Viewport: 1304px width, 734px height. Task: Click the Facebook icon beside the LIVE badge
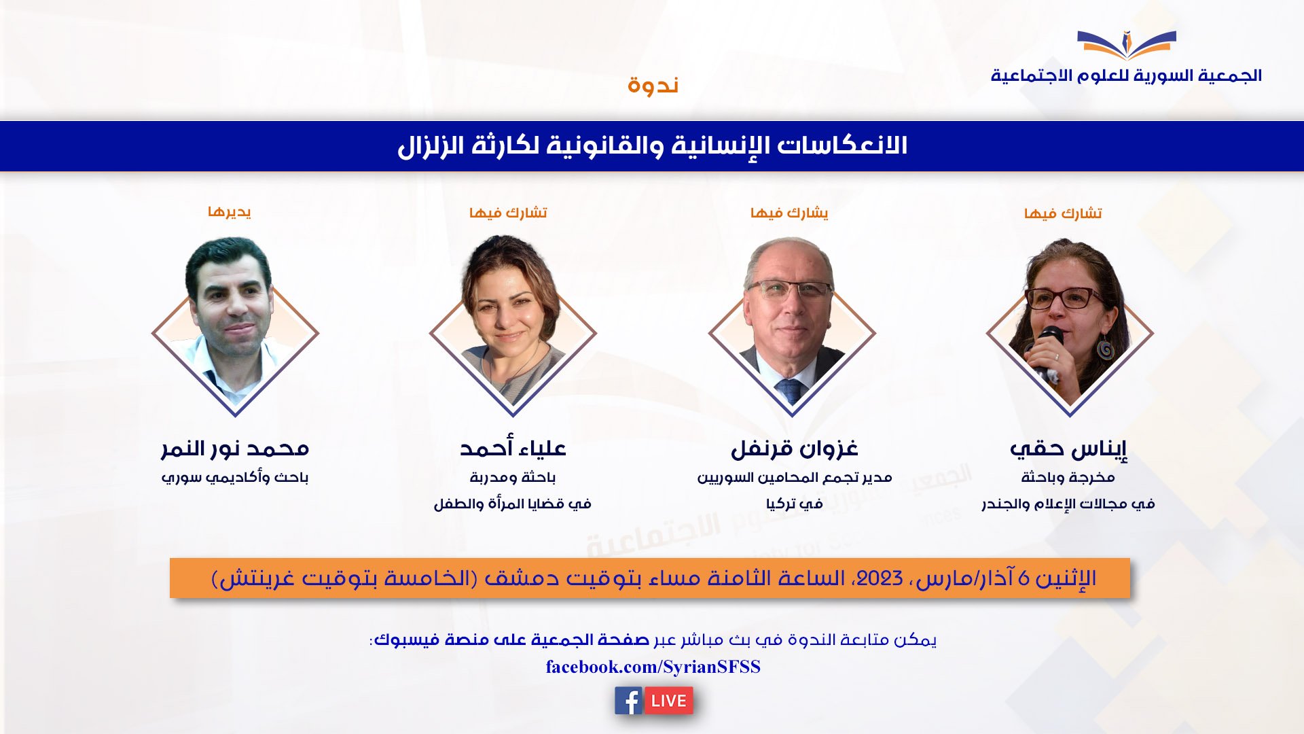[628, 701]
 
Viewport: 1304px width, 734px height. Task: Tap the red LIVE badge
[668, 701]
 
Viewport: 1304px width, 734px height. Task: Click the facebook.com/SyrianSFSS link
[653, 667]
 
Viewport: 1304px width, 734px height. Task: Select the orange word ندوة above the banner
[653, 86]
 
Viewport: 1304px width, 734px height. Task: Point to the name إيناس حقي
[1068, 449]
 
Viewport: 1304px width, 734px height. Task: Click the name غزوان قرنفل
[794, 449]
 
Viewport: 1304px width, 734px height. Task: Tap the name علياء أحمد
[513, 449]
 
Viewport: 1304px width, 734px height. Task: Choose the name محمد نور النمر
[235, 449]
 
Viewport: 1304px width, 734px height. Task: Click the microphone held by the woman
[1047, 350]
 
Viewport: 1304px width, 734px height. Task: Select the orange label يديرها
[230, 212]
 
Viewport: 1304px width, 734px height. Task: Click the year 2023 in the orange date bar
[880, 578]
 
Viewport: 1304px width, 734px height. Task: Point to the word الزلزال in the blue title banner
[426, 146]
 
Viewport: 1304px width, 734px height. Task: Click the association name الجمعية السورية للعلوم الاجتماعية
[1126, 75]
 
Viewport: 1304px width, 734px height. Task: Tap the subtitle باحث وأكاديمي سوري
[235, 478]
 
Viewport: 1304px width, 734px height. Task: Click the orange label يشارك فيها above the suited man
[789, 213]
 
